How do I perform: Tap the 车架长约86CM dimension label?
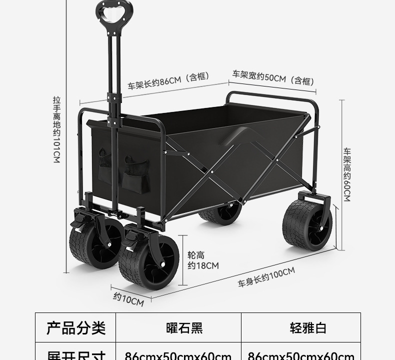coord(167,80)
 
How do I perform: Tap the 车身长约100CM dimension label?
coord(266,277)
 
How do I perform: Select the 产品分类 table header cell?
coord(76,328)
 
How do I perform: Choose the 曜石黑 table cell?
coord(184,328)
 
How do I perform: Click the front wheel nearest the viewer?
coord(148,263)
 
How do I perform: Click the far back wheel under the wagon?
coord(220,213)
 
